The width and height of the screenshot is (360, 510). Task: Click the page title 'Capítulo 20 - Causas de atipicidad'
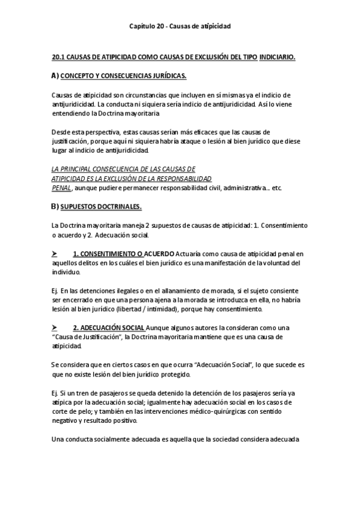pos(180,26)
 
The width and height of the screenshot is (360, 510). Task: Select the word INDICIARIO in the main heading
pos(277,57)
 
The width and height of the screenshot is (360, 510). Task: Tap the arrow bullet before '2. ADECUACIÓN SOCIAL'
pos(55,327)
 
